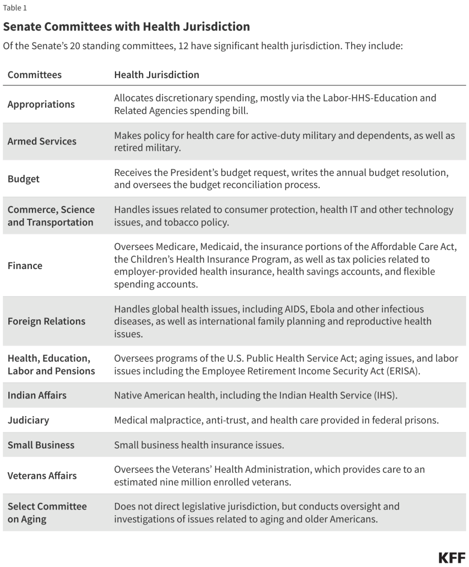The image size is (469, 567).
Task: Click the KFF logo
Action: click(452, 558)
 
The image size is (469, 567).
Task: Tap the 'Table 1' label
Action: click(15, 8)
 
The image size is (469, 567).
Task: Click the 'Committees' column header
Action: click(35, 74)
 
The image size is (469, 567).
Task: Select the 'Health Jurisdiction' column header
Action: click(156, 74)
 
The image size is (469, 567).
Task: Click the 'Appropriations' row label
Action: click(41, 104)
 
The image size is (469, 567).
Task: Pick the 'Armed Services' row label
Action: click(42, 141)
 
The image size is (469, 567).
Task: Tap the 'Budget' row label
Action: click(23, 179)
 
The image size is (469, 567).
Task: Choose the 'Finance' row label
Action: click(25, 266)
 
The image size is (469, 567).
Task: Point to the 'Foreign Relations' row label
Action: click(46, 321)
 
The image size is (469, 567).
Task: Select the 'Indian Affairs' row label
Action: click(37, 395)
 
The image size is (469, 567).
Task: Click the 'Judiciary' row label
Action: click(28, 420)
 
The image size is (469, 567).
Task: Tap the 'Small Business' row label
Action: click(41, 445)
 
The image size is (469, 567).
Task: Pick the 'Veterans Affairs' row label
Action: click(42, 475)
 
